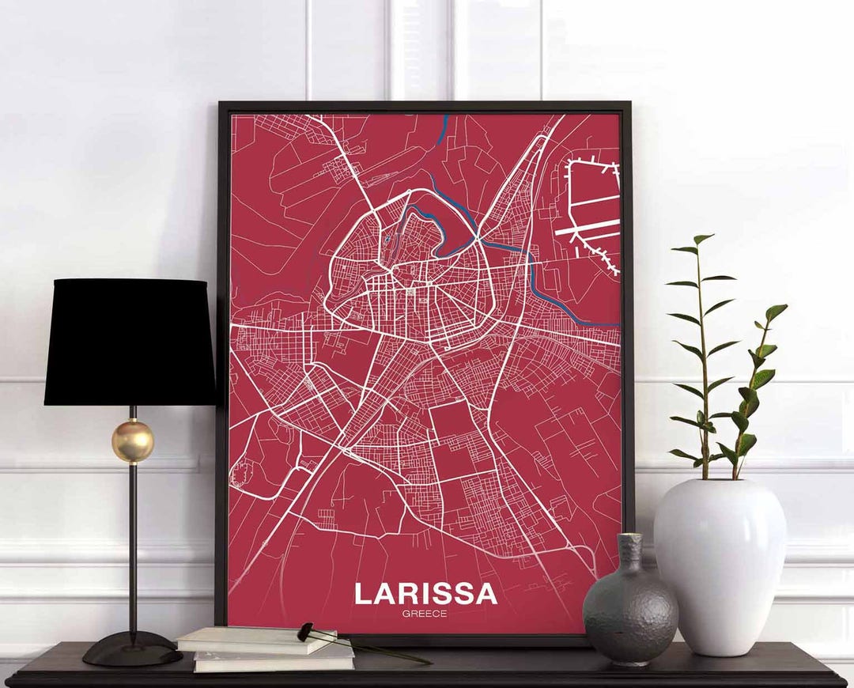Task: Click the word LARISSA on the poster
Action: coord(425,594)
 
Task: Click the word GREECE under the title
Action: coord(425,614)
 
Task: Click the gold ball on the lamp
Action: coord(132,440)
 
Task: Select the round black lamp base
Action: coord(132,648)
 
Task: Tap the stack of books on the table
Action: coord(265,649)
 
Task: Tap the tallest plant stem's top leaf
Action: coord(701,238)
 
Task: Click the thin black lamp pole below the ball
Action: coord(133,546)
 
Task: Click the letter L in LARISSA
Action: coord(363,594)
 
